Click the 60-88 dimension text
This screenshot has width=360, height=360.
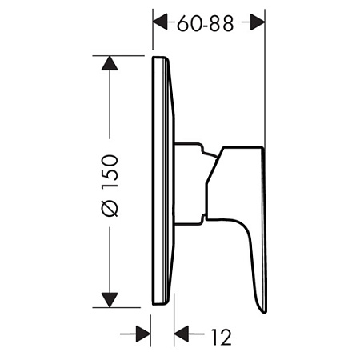click(207, 24)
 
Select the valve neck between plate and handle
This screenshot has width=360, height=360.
click(190, 182)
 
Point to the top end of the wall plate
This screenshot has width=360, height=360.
click(160, 58)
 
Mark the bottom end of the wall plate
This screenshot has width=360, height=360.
click(160, 303)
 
